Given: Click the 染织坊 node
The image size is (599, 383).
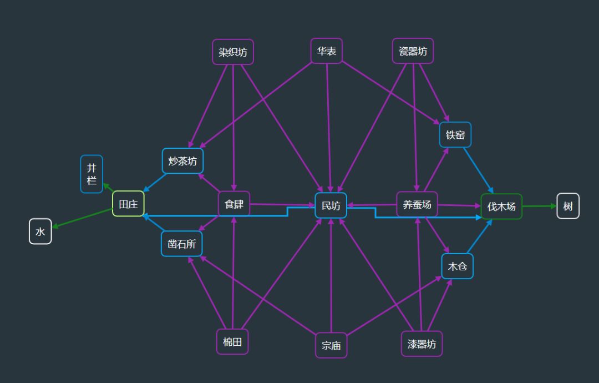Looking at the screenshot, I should (x=233, y=52).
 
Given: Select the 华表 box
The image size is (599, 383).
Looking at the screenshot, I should (x=327, y=51).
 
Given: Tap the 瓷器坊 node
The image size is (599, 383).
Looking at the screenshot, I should (x=413, y=51).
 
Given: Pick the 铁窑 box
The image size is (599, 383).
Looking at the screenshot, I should (x=455, y=135).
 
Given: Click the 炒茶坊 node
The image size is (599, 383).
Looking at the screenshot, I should (x=182, y=161).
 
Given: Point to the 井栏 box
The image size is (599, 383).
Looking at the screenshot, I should (x=92, y=174).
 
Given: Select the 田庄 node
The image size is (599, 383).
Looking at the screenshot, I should (x=128, y=204).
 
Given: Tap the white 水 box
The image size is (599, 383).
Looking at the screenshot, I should (x=40, y=231).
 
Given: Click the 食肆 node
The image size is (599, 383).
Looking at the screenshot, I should (x=234, y=204).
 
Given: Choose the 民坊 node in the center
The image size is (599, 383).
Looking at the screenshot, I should (x=331, y=205).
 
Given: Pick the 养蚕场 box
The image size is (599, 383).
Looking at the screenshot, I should (x=417, y=204).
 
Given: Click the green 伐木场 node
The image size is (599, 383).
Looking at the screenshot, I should (x=501, y=206).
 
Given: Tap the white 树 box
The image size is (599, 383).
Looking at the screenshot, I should (x=568, y=206).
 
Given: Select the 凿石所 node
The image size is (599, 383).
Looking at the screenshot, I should (x=182, y=244).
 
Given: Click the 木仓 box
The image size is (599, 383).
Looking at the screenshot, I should (x=458, y=266).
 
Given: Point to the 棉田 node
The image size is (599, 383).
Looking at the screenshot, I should (x=232, y=341).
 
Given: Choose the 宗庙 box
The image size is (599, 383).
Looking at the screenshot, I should (x=331, y=345).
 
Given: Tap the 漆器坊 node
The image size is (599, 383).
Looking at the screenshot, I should (x=422, y=344).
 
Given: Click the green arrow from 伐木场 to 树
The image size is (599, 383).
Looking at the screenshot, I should (x=539, y=206).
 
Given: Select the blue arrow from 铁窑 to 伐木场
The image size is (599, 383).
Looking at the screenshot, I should (x=478, y=170).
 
